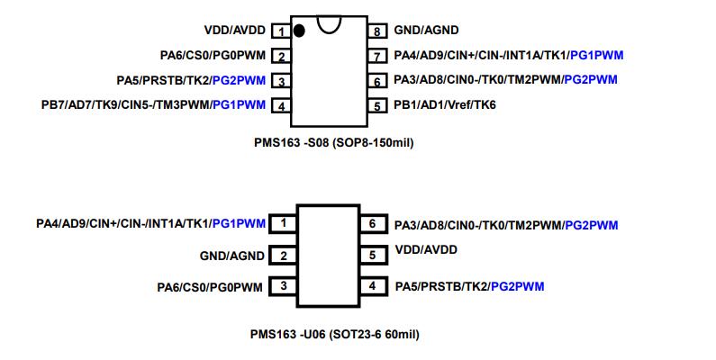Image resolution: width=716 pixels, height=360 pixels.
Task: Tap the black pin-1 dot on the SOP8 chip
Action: [299, 31]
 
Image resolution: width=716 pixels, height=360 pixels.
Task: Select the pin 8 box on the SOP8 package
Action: [380, 31]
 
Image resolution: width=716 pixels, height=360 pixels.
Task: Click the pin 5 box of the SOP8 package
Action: [380, 105]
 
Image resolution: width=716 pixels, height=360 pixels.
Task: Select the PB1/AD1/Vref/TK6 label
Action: [445, 105]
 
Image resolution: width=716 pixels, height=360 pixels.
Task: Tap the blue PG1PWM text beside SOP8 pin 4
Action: [239, 105]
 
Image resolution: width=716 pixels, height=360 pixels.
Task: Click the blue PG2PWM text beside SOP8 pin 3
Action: [239, 80]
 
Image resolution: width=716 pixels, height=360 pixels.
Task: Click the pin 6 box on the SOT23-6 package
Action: [371, 223]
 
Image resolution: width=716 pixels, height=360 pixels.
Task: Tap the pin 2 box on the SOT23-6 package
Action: [284, 256]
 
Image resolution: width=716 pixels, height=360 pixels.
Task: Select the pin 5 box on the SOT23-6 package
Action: [371, 256]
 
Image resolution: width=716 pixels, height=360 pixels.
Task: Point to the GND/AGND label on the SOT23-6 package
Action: [232, 256]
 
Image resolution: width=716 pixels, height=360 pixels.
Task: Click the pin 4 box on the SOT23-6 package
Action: [371, 286]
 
